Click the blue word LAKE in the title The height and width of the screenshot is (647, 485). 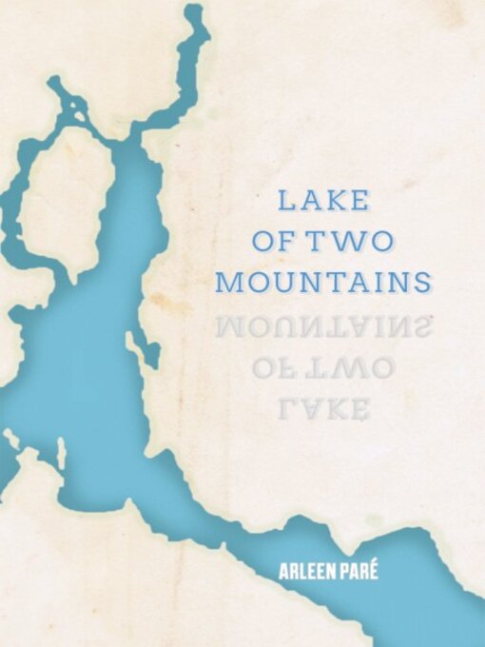coord(323,201)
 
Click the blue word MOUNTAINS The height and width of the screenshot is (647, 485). coord(323,283)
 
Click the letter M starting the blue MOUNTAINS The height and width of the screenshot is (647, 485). coord(229,283)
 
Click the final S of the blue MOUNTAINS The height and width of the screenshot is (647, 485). coord(423,283)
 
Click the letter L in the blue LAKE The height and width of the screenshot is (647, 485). coord(284,201)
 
